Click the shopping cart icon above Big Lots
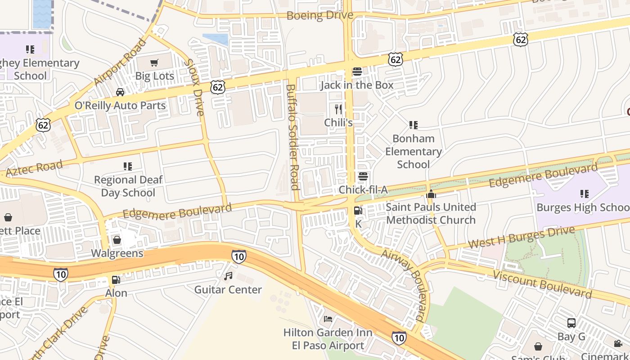pyautogui.click(x=154, y=63)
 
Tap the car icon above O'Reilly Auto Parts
pyautogui.click(x=120, y=92)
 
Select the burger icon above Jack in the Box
pyautogui.click(x=357, y=72)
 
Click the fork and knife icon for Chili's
pyautogui.click(x=339, y=109)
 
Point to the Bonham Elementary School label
pyautogui.click(x=413, y=151)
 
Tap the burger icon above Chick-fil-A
pyautogui.click(x=363, y=176)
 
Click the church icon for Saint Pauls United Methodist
pyautogui.click(x=431, y=194)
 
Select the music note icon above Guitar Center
pyautogui.click(x=228, y=276)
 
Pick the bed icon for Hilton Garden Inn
pyautogui.click(x=328, y=319)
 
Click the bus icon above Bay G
pyautogui.click(x=571, y=323)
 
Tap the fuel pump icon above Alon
pyautogui.click(x=116, y=280)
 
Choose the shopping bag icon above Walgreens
pyautogui.click(x=117, y=240)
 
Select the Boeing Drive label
pyautogui.click(x=319, y=16)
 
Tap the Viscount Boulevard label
pyautogui.click(x=542, y=284)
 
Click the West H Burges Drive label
pyautogui.click(x=521, y=238)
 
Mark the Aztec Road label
pyautogui.click(x=34, y=169)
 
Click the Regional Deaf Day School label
pyautogui.click(x=128, y=186)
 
